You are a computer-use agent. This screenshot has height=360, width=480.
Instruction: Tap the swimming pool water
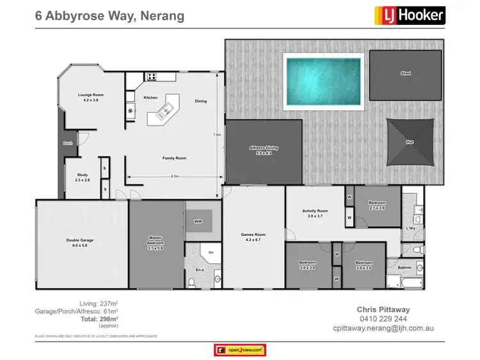323,81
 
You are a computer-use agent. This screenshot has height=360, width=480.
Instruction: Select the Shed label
406,74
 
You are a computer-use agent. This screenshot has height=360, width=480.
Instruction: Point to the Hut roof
410,141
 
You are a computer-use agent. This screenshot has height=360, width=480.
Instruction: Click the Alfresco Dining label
264,150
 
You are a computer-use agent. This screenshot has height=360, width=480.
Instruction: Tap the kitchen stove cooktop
152,77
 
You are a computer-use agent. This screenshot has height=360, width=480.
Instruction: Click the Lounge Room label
90,97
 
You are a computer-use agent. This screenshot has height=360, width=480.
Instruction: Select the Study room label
83,177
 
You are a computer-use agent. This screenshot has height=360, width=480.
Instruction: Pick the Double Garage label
81,243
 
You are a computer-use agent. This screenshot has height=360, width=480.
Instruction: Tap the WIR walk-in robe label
198,222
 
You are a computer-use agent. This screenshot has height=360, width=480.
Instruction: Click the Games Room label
253,236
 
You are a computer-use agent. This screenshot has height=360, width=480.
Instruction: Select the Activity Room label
315,213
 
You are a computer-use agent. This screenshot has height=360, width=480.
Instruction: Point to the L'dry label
412,228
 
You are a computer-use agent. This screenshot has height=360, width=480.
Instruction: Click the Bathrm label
404,267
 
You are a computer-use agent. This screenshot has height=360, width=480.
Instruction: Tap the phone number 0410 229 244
383,318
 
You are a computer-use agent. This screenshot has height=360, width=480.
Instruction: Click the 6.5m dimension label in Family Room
174,176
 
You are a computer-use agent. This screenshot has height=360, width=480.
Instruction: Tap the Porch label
68,143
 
